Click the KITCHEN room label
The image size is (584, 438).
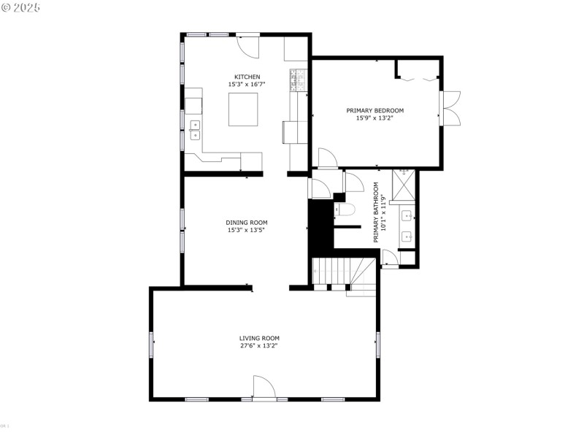247,77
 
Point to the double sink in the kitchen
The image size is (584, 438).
195,130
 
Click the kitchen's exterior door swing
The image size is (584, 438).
248,45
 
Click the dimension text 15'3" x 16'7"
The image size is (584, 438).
247,85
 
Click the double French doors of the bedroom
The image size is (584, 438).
450,109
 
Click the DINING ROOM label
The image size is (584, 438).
246,223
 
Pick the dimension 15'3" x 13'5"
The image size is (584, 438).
246,230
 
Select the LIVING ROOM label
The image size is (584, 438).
259,338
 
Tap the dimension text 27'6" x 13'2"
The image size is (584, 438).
259,345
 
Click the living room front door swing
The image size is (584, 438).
264,387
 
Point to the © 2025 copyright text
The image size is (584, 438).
21,7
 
